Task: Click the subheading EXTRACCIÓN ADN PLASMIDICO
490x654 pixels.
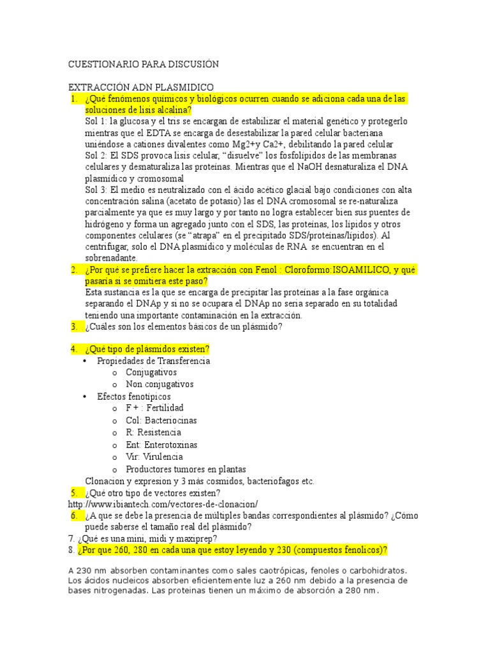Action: [x=140, y=87]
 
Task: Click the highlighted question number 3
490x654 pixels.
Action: [x=74, y=327]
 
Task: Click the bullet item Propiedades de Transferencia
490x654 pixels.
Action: [x=153, y=361]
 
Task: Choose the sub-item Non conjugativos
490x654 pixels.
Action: [x=160, y=384]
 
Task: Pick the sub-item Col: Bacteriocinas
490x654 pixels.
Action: [x=161, y=421]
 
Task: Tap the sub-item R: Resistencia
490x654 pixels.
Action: [x=153, y=433]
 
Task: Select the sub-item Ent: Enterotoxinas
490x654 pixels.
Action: [x=161, y=445]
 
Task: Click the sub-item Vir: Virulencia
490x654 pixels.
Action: [x=154, y=457]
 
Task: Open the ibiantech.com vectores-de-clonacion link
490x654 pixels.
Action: [x=163, y=505]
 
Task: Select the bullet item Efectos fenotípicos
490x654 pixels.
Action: [x=134, y=397]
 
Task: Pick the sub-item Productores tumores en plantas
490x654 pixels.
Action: [x=186, y=469]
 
